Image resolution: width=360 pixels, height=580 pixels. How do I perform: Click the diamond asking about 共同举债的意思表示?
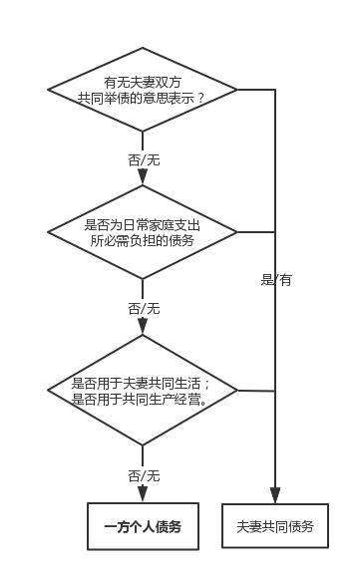click(143, 91)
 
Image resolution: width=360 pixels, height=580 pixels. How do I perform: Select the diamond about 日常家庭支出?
click(143, 232)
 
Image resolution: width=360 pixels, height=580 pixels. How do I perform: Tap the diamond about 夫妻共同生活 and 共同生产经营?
click(143, 391)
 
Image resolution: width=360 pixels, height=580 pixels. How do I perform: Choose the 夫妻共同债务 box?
click(275, 526)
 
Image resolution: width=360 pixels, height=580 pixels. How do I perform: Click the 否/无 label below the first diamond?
click(143, 159)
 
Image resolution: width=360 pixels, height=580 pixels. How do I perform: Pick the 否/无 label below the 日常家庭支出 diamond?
click(143, 308)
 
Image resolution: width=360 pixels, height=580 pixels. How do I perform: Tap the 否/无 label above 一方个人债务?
click(143, 474)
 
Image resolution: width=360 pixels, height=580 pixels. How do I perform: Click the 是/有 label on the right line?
click(276, 280)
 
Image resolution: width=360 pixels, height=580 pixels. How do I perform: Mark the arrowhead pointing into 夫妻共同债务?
click(275, 496)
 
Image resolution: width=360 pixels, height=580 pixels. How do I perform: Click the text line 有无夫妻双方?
click(143, 82)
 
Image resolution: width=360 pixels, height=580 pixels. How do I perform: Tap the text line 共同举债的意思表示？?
click(143, 100)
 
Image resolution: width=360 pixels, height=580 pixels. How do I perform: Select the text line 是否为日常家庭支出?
click(143, 224)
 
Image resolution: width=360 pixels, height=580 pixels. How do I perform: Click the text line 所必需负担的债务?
click(143, 241)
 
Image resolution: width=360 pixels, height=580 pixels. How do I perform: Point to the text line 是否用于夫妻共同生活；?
click(143, 383)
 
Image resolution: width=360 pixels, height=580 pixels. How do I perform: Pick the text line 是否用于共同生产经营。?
click(143, 400)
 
